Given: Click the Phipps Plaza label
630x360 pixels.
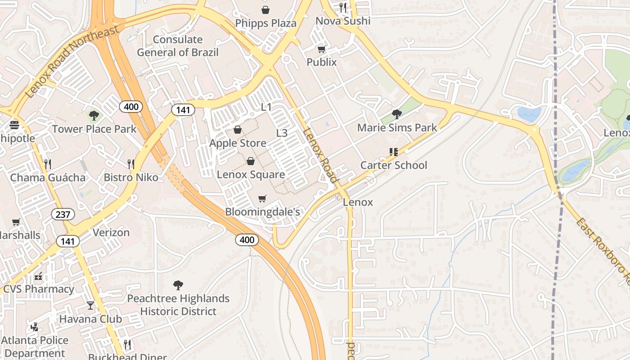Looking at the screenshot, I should pyautogui.click(x=265, y=23).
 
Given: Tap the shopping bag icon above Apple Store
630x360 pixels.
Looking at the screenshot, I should pyautogui.click(x=238, y=130).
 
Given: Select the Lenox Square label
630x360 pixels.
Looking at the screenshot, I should pyautogui.click(x=251, y=174).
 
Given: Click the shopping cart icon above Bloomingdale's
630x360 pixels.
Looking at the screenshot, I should pyautogui.click(x=262, y=198).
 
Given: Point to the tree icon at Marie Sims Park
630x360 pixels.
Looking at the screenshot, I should pyautogui.click(x=396, y=114).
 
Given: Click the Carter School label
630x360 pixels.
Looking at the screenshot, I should pyautogui.click(x=394, y=165).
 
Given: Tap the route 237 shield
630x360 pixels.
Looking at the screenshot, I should pyautogui.click(x=63, y=214).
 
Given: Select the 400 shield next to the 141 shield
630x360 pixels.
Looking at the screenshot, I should pyautogui.click(x=131, y=107).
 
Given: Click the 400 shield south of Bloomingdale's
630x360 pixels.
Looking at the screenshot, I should pyautogui.click(x=247, y=240).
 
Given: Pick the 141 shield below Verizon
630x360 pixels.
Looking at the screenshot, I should pyautogui.click(x=68, y=241).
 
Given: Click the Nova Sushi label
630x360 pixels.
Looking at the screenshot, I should pyautogui.click(x=343, y=21).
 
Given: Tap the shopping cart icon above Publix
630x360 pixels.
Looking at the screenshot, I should pyautogui.click(x=321, y=49).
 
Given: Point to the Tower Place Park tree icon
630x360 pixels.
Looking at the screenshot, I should pyautogui.click(x=94, y=116).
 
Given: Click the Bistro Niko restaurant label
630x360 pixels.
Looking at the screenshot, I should pyautogui.click(x=131, y=177).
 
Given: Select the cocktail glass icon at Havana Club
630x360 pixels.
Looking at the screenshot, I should pyautogui.click(x=90, y=306).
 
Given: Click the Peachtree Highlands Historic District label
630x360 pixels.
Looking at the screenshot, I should pyautogui.click(x=178, y=305).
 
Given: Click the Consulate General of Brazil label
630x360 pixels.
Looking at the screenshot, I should pyautogui.click(x=178, y=46).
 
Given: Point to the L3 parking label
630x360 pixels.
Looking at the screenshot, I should pyautogui.click(x=282, y=133).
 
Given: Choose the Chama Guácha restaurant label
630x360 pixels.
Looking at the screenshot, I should pyautogui.click(x=48, y=177).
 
